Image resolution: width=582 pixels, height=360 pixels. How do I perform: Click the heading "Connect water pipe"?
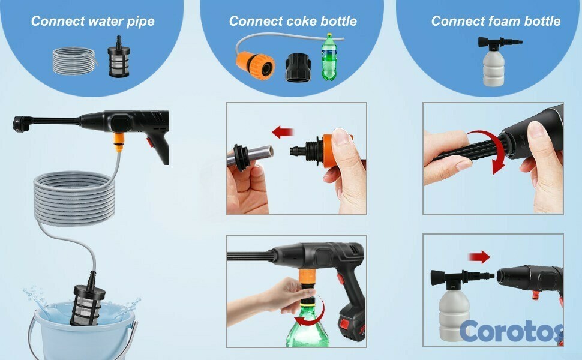(x=93, y=21)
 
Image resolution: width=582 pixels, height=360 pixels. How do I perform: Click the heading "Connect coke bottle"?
(x=293, y=21)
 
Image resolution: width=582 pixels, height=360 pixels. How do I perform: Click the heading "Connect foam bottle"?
(x=496, y=21)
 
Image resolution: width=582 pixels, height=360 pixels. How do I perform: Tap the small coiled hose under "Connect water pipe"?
(x=74, y=61)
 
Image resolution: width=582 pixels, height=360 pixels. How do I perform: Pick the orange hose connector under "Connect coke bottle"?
(x=256, y=65)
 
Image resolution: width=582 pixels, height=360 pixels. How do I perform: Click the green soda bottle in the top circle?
(x=329, y=57)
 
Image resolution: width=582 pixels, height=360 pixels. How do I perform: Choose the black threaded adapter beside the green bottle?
(x=298, y=67)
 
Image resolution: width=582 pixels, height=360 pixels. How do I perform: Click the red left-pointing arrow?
(x=283, y=132)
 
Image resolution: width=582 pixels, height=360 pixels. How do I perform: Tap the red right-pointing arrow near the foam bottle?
(x=479, y=256)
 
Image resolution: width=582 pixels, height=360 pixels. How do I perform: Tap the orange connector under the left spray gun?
(x=119, y=142)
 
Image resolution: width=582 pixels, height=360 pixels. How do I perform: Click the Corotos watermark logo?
(x=511, y=331)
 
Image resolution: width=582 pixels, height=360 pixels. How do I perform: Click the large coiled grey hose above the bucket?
(x=74, y=197)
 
